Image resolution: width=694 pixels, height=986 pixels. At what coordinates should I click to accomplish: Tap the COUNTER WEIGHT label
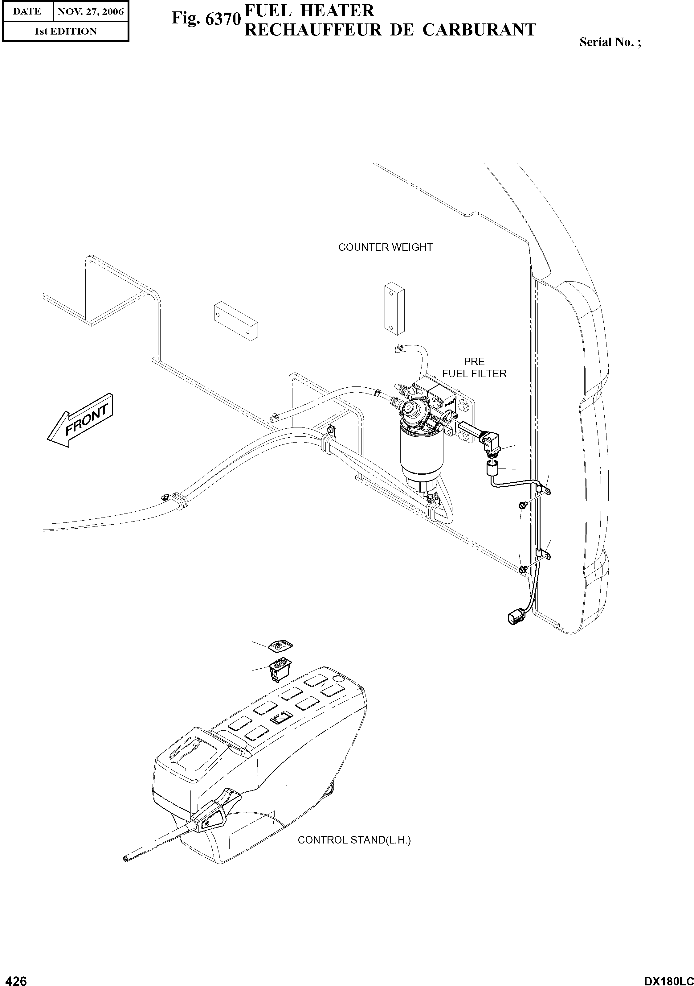[386, 247]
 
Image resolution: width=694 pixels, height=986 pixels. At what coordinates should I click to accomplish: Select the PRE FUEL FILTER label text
[474, 368]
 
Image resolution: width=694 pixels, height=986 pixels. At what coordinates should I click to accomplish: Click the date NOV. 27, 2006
[91, 12]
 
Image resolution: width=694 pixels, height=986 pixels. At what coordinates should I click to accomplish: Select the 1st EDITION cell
[66, 31]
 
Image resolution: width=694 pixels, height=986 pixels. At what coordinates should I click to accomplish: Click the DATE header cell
[27, 12]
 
